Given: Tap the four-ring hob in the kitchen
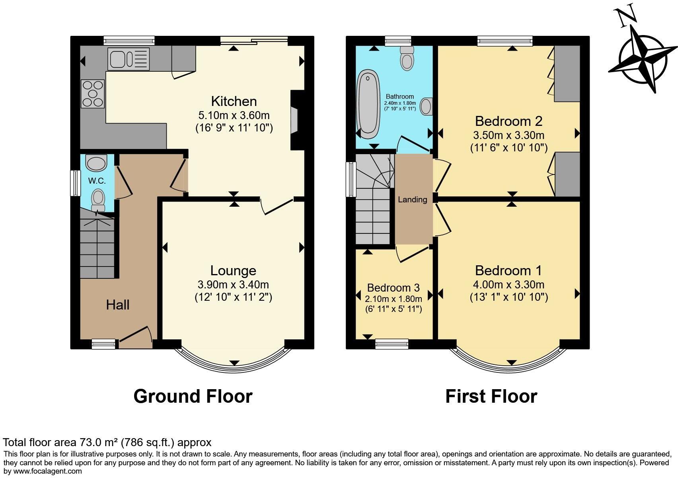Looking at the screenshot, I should (x=93, y=94).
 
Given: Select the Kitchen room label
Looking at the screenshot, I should (x=234, y=101).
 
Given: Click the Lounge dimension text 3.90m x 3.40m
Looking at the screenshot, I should (x=233, y=284).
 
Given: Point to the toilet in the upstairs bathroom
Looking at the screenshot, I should (x=407, y=59).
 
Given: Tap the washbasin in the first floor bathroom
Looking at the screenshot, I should (x=427, y=106).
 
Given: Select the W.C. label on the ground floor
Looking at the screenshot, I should (x=97, y=181).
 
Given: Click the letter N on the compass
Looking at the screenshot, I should (x=627, y=18).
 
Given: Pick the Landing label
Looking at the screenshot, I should (x=413, y=200).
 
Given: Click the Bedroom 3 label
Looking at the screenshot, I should (x=393, y=288).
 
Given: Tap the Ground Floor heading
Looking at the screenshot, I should (x=193, y=396).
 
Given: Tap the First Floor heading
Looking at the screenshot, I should (x=491, y=396).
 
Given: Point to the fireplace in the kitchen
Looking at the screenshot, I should (x=294, y=120).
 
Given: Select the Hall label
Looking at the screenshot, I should (x=118, y=305).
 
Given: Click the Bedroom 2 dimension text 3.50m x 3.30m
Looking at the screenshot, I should (x=509, y=135).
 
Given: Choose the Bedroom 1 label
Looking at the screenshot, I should (x=508, y=271).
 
